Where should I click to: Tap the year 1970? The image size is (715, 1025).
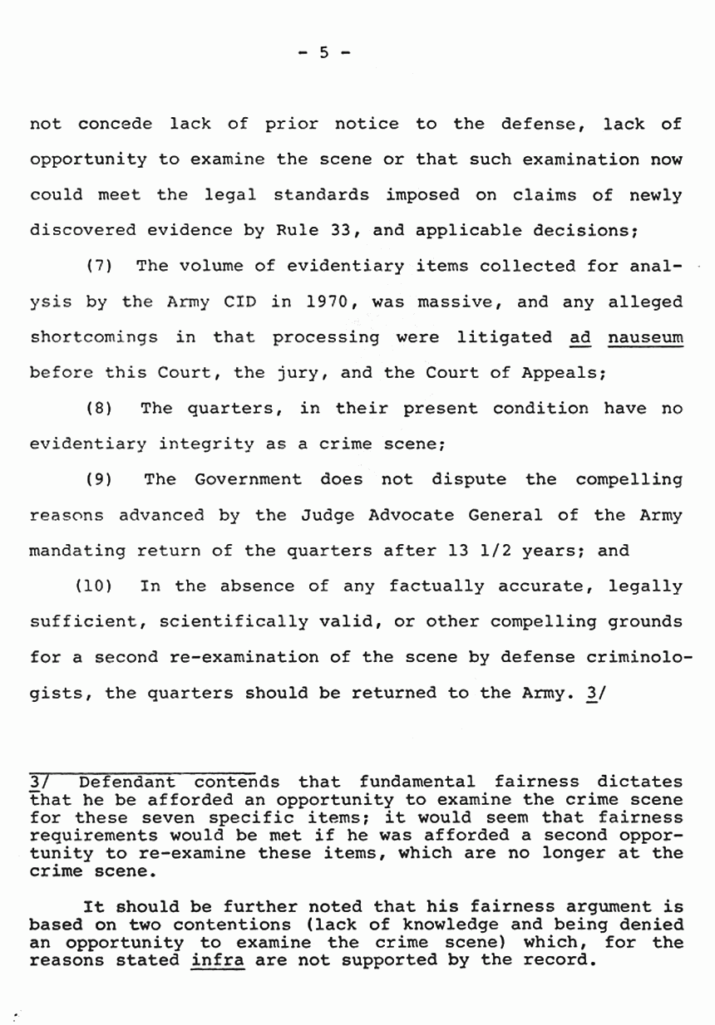point(333,302)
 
